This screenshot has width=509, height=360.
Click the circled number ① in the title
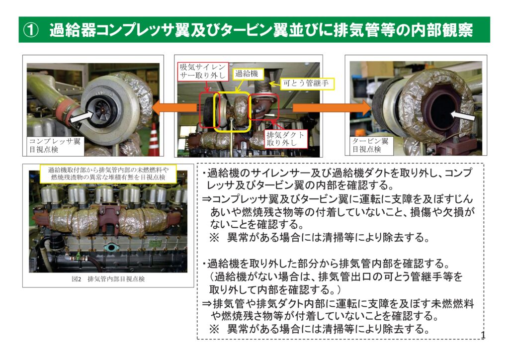pos(31,30)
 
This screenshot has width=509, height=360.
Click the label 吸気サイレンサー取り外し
pos(203,72)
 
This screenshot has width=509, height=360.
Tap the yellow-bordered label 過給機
pos(247,74)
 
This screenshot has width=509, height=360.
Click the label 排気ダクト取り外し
pos(286,139)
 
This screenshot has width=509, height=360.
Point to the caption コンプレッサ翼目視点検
pos(55,145)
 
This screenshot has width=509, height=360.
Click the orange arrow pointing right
pos(332,107)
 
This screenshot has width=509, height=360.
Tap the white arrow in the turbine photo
pos(463,115)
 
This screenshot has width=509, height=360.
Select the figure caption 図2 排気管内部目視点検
pos(108,279)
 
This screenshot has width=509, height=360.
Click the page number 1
pos(483,335)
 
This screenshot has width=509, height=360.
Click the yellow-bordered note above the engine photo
pos(108,174)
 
